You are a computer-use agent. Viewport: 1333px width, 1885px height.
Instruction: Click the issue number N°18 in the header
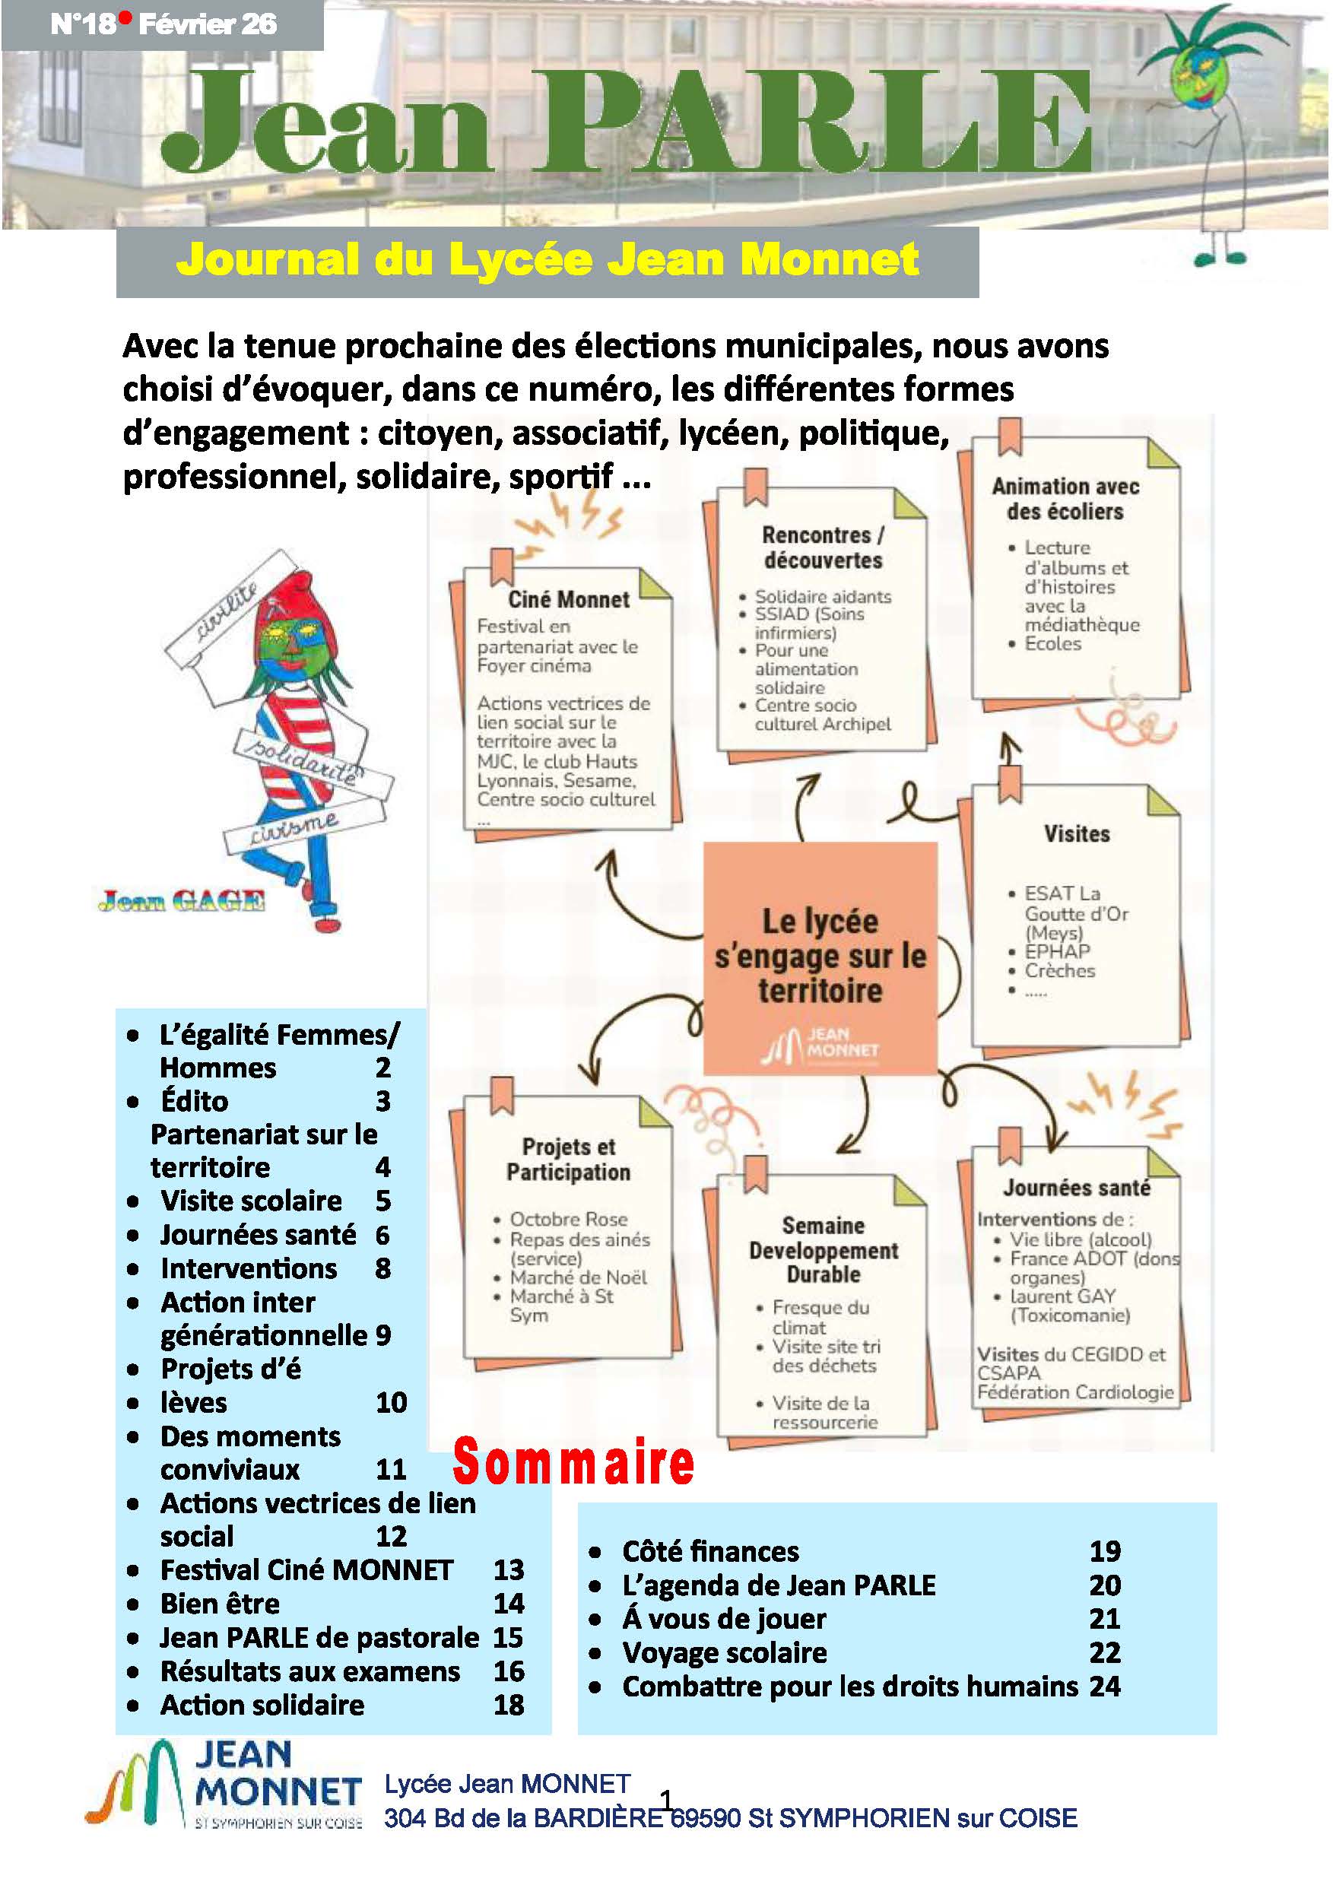click(x=83, y=24)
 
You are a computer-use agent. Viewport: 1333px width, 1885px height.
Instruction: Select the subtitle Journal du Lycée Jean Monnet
click(x=547, y=260)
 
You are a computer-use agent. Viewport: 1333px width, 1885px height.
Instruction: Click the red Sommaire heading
click(x=573, y=1462)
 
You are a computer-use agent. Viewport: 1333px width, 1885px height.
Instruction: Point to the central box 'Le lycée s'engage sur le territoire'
click(x=820, y=957)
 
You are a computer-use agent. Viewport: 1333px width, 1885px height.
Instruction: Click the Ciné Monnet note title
click(x=568, y=599)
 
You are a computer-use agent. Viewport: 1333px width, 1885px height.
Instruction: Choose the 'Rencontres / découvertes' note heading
click(x=823, y=547)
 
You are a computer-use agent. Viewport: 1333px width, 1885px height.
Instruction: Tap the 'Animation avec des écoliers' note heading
click(x=1065, y=498)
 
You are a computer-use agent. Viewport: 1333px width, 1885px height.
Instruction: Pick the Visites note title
click(x=1076, y=834)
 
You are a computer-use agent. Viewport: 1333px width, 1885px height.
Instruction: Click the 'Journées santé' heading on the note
click(x=1076, y=1188)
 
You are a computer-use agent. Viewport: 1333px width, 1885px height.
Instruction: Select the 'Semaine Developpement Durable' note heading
click(x=824, y=1249)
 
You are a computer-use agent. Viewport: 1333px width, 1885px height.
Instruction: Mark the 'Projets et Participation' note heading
click(x=568, y=1160)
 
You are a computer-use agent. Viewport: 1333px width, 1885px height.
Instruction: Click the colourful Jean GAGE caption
click(x=182, y=902)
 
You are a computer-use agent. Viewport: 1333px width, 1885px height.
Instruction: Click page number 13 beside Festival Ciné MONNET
click(x=508, y=1569)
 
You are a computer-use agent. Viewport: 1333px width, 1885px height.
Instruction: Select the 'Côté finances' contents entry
click(x=710, y=1551)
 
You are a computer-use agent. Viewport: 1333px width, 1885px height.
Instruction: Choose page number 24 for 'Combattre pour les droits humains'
click(x=1105, y=1687)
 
